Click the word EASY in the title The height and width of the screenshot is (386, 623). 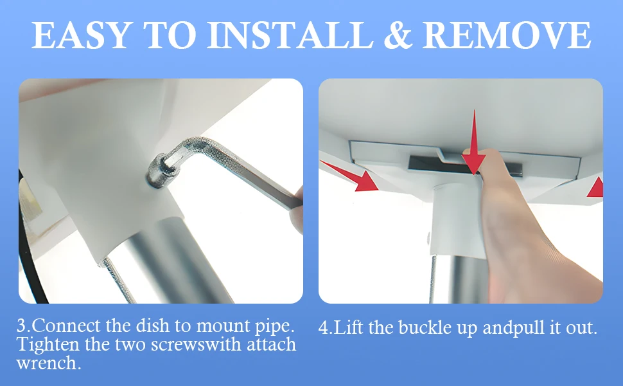point(82,35)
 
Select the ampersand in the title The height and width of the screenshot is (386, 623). point(398,35)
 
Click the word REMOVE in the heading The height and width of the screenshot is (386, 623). point(507,35)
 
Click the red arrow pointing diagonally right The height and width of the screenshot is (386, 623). point(349,176)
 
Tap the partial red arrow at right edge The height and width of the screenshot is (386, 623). point(595,187)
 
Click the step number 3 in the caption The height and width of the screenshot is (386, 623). point(21,326)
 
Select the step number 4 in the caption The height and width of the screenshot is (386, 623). point(324,328)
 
